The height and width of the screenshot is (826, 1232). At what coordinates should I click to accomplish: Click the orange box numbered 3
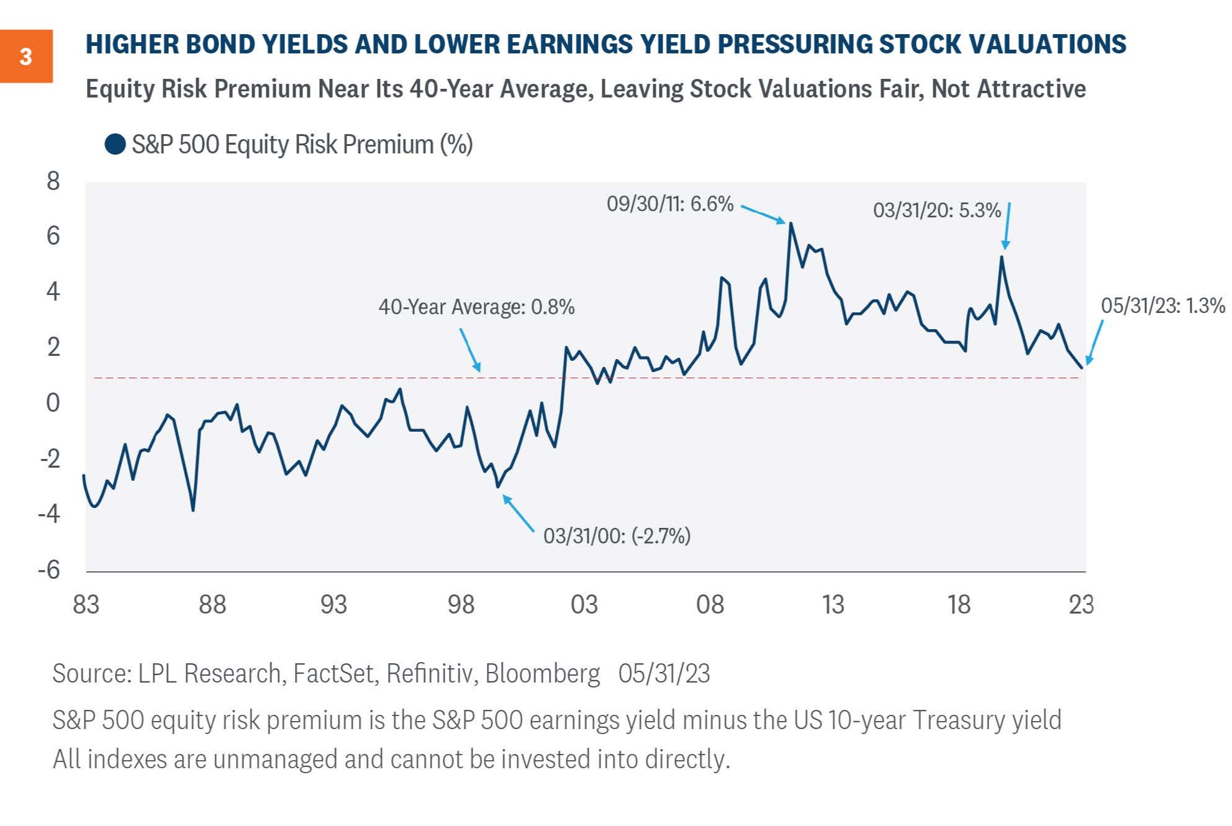pyautogui.click(x=26, y=57)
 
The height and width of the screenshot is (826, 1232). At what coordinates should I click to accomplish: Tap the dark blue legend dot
pyautogui.click(x=115, y=144)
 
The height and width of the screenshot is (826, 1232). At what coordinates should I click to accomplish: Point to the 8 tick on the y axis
pyautogui.click(x=53, y=181)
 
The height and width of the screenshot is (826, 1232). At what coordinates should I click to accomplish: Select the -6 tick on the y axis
pyautogui.click(x=49, y=570)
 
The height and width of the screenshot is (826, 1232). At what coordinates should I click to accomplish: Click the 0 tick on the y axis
pyautogui.click(x=53, y=402)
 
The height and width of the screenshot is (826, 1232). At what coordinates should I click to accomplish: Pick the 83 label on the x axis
pyautogui.click(x=86, y=604)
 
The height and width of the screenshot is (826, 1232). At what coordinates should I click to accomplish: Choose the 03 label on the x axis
pyautogui.click(x=584, y=604)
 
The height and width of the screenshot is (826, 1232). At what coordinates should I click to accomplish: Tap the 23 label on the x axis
pyautogui.click(x=1081, y=604)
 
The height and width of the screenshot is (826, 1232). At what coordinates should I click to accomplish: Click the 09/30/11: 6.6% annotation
pyautogui.click(x=670, y=204)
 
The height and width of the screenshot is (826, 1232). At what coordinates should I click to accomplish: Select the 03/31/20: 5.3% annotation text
pyautogui.click(x=936, y=211)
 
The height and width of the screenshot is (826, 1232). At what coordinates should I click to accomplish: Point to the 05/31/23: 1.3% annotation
pyautogui.click(x=1162, y=306)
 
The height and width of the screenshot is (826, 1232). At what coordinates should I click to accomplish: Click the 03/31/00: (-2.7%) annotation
pyautogui.click(x=617, y=536)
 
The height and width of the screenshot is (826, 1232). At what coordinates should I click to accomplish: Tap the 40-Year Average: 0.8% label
pyautogui.click(x=476, y=307)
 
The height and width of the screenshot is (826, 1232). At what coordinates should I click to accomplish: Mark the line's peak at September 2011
pyautogui.click(x=791, y=224)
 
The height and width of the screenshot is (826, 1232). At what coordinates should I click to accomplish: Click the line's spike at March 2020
pyautogui.click(x=1002, y=257)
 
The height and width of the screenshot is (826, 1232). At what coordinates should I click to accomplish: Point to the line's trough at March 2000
pyautogui.click(x=498, y=486)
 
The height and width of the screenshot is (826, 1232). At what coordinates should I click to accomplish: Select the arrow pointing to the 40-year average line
pyautogui.click(x=469, y=350)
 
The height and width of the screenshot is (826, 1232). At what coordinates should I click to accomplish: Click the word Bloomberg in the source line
pyautogui.click(x=542, y=674)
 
